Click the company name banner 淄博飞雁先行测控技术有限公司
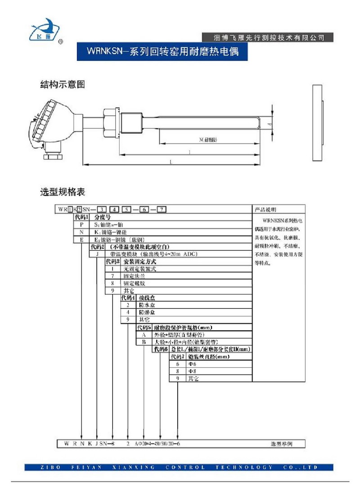coord(269,37)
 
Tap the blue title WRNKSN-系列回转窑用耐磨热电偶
coord(163,52)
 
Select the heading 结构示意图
coord(63,84)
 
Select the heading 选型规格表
coord(63,192)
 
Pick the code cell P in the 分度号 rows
coord(81,224)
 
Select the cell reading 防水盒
coord(147,305)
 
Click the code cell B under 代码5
coord(144,342)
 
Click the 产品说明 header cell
coord(265,209)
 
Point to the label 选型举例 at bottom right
coord(281,443)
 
